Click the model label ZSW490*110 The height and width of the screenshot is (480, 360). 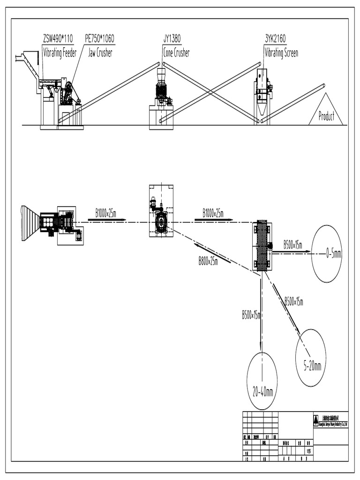pos(58,38)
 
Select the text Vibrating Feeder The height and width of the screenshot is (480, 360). pos(60,52)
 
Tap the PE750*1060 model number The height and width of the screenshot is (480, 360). pos(99,38)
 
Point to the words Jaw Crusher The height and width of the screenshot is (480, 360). pos(100,52)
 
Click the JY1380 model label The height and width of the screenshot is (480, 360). pos(172,38)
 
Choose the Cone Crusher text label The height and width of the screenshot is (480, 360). pos(176,52)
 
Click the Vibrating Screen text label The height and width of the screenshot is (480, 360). pos(281,52)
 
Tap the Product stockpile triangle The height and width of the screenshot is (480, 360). pos(326,113)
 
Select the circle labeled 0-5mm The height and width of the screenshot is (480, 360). pos(327,254)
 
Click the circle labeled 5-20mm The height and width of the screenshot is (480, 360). pos(310,358)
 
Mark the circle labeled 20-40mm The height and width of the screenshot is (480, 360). pos(262,380)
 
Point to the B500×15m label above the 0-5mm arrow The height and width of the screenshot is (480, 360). pos(293,244)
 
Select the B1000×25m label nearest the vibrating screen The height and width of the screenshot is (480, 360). pos(213,213)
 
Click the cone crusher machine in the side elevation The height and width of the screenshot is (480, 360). pos(161,89)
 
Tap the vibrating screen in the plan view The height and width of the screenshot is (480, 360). pos(262,246)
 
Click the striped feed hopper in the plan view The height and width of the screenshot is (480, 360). pos(31,223)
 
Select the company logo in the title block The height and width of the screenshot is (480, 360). pos(315,419)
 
